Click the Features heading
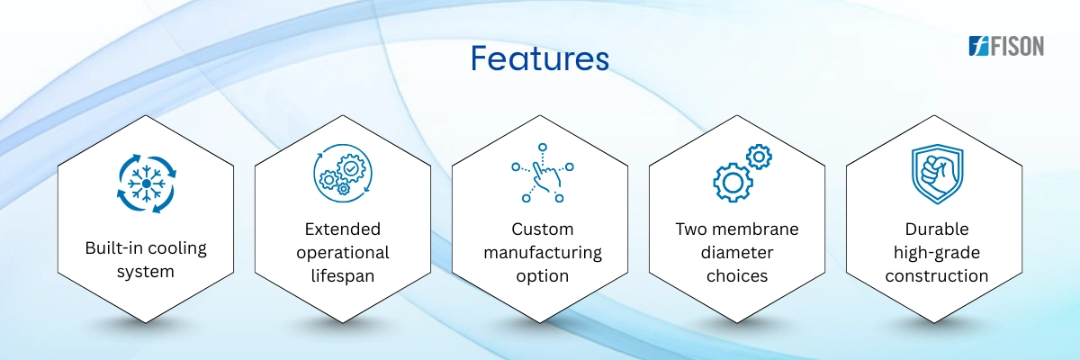click(x=539, y=58)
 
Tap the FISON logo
click(x=1006, y=46)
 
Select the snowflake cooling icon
click(x=147, y=184)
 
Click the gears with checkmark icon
click(x=343, y=173)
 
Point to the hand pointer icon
click(x=543, y=173)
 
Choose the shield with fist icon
click(x=937, y=174)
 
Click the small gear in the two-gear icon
click(x=759, y=157)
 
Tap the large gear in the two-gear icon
click(x=733, y=182)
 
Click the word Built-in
click(x=113, y=247)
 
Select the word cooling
click(x=176, y=248)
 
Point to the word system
click(x=146, y=272)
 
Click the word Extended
click(x=343, y=229)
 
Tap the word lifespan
click(x=343, y=276)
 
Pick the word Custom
click(x=543, y=229)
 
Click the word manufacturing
click(x=543, y=253)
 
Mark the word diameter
click(x=737, y=253)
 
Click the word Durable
click(x=937, y=229)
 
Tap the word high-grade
click(x=937, y=253)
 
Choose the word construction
click(x=937, y=276)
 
